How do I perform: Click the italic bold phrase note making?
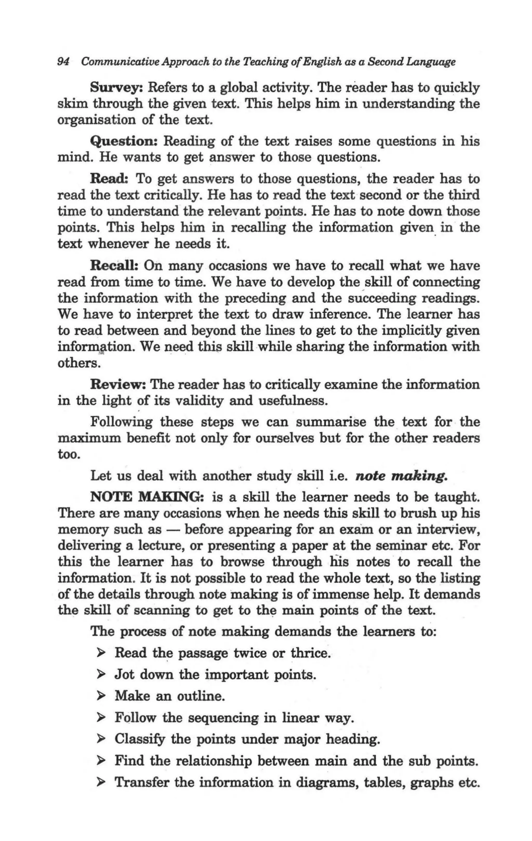[401, 476]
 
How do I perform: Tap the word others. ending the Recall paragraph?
[79, 363]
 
